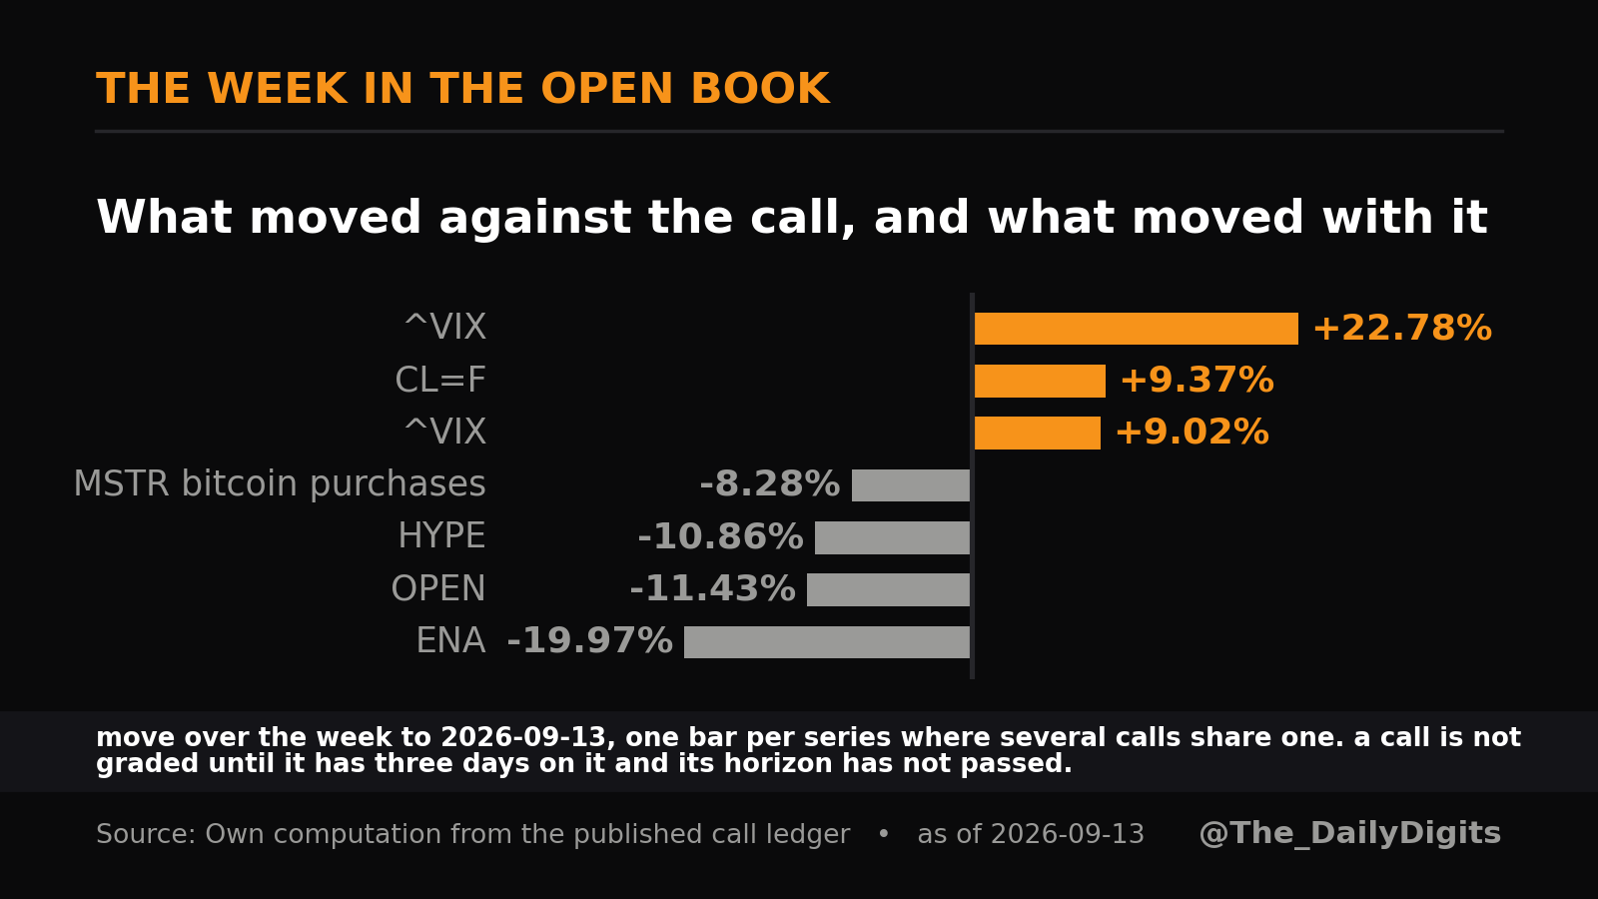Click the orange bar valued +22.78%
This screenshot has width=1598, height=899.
pos(1136,329)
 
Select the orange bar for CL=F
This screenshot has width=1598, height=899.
pos(1040,381)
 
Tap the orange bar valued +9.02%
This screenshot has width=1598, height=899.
pos(1038,433)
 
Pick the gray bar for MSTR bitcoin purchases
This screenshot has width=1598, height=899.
pos(910,485)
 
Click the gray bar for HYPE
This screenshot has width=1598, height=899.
pos(892,537)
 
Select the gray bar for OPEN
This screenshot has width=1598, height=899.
pos(888,589)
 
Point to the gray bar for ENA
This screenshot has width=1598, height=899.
pos(827,642)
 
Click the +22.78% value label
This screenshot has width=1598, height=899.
pos(1402,329)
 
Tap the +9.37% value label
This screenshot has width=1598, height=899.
pos(1197,381)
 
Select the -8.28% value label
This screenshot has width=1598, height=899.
pos(769,484)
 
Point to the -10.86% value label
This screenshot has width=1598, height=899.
pos(720,536)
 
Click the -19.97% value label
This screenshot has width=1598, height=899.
pos(589,640)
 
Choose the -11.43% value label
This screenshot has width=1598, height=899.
pos(712,589)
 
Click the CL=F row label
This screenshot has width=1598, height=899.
pos(440,380)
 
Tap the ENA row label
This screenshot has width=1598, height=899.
pos(450,640)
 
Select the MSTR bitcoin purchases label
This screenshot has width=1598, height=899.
pos(280,483)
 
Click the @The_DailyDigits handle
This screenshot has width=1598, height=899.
pos(1349,833)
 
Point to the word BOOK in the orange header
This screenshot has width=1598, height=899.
pos(760,89)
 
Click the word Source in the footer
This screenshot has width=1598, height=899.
pos(145,834)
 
